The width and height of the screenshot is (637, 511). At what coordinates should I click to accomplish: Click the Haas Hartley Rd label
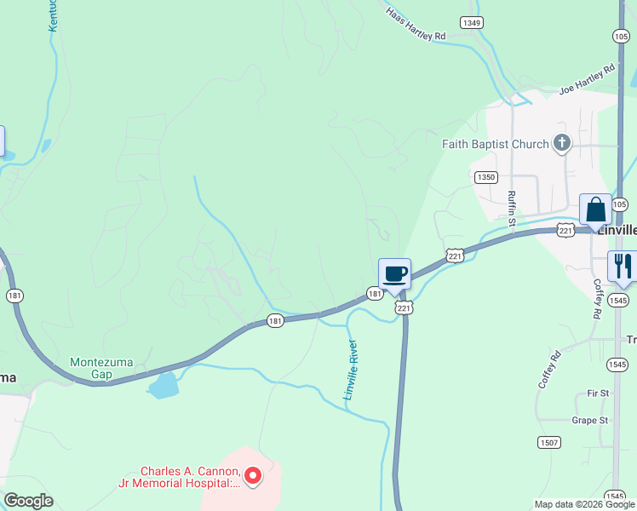pos(416,26)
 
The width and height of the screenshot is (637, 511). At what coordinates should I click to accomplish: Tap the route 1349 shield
pos(471,22)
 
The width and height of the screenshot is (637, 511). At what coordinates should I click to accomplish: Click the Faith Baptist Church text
pos(495,144)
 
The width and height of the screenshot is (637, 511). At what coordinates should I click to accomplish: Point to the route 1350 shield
pos(485,177)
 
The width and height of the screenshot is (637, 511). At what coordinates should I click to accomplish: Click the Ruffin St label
pos(512,209)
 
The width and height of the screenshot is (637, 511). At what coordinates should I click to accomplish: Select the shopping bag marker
pos(595,210)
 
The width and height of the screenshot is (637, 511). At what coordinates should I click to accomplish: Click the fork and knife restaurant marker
pos(622,266)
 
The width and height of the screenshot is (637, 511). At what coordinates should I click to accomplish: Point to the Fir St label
pos(598,393)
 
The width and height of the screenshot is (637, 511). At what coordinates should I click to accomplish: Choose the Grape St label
pos(590,420)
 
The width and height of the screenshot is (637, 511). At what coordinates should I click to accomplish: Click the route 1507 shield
pos(549,442)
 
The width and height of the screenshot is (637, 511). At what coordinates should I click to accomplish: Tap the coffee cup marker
pos(394,274)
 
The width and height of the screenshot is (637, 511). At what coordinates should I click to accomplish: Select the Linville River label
pos(349,370)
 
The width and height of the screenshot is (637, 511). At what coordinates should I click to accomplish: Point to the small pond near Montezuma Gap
pos(164,386)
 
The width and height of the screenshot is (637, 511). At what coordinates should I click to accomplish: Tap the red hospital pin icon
pos(253,476)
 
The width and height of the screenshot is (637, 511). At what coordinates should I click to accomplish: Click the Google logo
pos(28,501)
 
